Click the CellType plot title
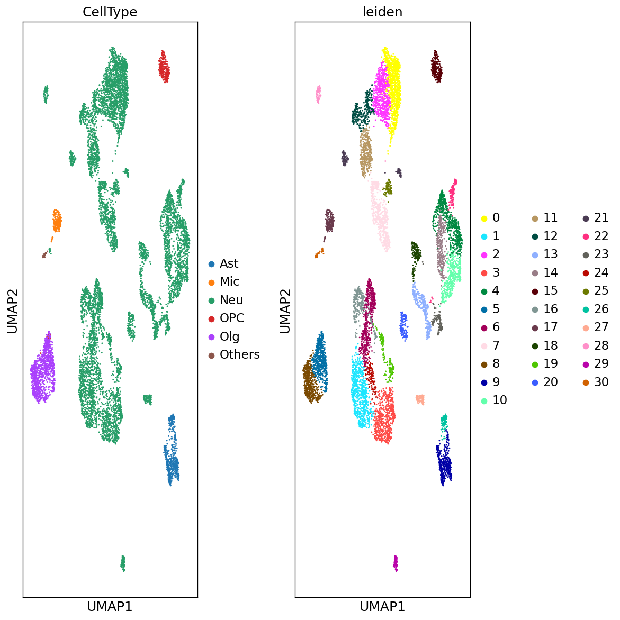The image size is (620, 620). click(x=110, y=12)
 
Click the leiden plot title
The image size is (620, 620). click(x=382, y=12)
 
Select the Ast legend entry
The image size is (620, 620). click(x=229, y=263)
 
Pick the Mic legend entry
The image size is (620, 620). click(x=229, y=282)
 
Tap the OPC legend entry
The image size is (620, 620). click(x=232, y=318)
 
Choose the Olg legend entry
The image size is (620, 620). click(x=229, y=336)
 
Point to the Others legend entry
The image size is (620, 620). click(x=239, y=355)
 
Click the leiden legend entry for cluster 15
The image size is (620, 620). click(x=550, y=291)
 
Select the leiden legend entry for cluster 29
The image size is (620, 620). click(x=601, y=364)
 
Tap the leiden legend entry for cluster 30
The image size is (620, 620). click(x=601, y=382)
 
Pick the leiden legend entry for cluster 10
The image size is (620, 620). click(x=499, y=400)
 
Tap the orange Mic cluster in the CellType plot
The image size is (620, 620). click(x=57, y=221)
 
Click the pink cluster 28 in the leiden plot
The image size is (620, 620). click(x=318, y=95)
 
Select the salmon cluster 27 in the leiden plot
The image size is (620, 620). click(x=420, y=399)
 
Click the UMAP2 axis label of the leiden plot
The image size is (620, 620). click(x=285, y=311)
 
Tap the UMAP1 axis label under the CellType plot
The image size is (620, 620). click(x=110, y=607)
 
